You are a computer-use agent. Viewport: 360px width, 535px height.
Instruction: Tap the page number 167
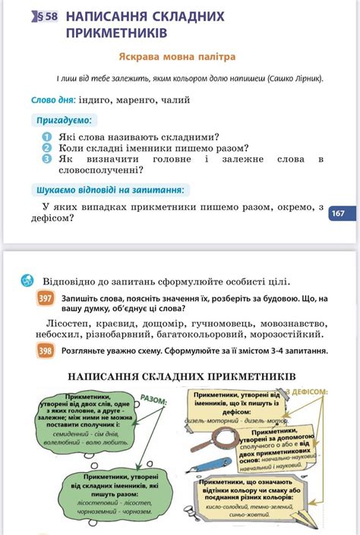(339, 215)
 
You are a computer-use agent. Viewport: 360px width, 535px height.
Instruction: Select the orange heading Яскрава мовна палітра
(177, 57)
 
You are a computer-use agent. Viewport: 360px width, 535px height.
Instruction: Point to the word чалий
(174, 99)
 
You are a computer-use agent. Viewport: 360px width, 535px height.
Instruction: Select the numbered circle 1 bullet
(47, 136)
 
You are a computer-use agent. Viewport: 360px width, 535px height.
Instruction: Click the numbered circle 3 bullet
(47, 159)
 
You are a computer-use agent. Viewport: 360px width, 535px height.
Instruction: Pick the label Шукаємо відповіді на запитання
(112, 190)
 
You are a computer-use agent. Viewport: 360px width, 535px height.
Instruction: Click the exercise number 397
(46, 299)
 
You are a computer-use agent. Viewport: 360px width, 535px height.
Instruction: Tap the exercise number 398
(46, 351)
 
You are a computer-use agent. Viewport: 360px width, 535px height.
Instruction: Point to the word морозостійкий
(287, 333)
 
